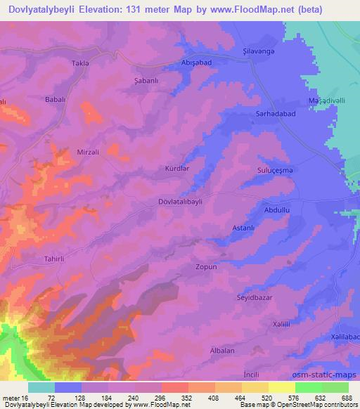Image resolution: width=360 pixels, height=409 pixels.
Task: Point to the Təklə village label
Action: (80, 63)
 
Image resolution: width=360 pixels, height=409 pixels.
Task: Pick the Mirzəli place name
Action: (89, 152)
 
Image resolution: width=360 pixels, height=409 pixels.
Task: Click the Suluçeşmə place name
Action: (276, 170)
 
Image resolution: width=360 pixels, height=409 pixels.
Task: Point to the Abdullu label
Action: (276, 209)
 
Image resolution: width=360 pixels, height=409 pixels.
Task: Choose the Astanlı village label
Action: (244, 228)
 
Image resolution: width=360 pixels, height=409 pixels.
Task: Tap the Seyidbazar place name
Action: (254, 297)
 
